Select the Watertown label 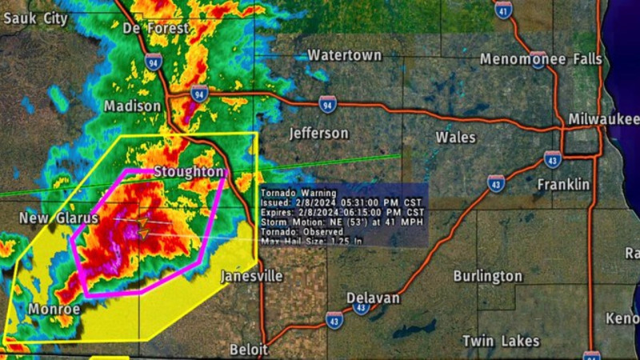point(344,55)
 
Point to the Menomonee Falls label point(541,59)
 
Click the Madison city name point(132,106)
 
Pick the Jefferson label point(318,133)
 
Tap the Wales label point(456,138)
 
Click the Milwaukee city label point(603,119)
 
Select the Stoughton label point(189,172)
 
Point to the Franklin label point(563,185)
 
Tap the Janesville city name point(251,276)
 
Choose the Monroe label point(54,309)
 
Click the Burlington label point(487,276)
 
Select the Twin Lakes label point(501,341)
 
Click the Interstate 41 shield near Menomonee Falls point(502,10)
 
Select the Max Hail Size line point(312,240)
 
